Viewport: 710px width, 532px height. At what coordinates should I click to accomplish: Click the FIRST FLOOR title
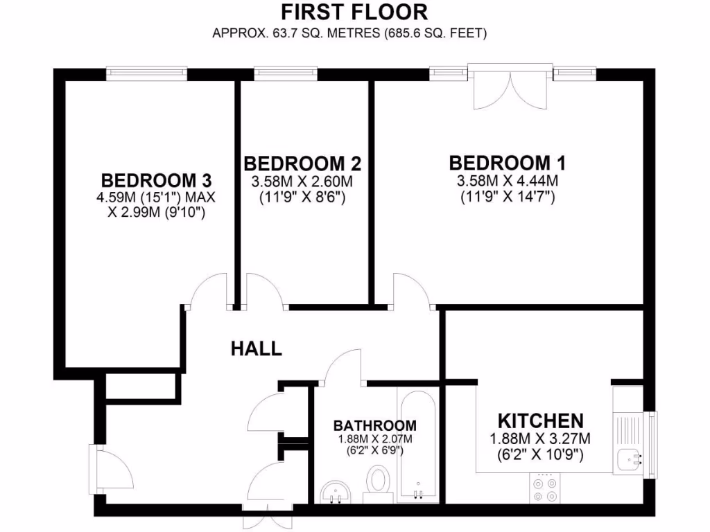354,12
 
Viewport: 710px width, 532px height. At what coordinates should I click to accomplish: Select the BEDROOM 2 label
302,164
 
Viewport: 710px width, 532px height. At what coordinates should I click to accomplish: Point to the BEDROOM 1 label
508,163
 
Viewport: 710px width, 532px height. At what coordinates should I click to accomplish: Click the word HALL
257,348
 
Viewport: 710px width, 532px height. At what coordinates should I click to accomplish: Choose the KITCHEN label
541,420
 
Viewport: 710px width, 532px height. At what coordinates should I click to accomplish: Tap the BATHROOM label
374,425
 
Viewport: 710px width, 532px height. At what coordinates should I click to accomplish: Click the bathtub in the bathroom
417,443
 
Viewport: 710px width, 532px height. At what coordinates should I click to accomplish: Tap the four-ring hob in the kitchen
546,488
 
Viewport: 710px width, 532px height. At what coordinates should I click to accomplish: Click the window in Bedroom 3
147,71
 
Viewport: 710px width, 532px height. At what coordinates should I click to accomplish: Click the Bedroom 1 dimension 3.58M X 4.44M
508,181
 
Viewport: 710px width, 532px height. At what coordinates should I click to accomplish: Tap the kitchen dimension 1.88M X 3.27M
540,438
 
